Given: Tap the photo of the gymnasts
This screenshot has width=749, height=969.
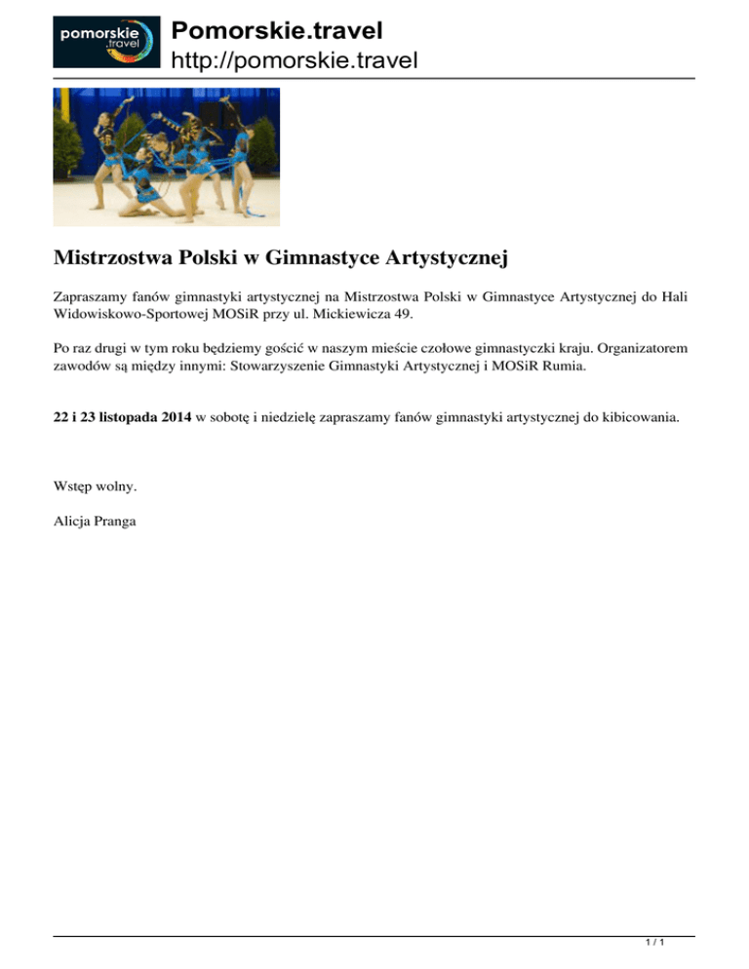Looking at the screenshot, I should click(x=167, y=157).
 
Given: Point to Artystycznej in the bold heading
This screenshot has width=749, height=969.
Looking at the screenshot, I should click(x=449, y=260).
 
